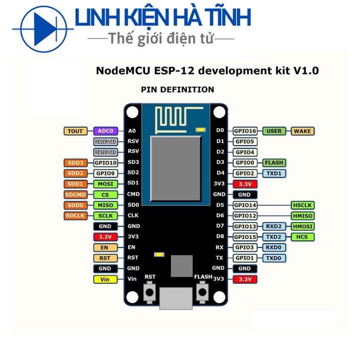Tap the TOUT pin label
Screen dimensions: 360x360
pyautogui.click(x=75, y=131)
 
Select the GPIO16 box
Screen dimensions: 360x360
pyautogui.click(x=246, y=131)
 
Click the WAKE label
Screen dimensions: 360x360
pyautogui.click(x=303, y=131)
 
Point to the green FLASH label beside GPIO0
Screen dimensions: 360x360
pyautogui.click(x=274, y=163)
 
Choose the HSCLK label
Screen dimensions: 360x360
pyautogui.click(x=302, y=205)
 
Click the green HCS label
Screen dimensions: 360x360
pyautogui.click(x=302, y=237)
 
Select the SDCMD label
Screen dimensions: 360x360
pyautogui.click(x=75, y=194)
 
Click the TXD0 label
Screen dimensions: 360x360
pyautogui.click(x=274, y=258)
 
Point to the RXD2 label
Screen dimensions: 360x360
pyautogui.click(x=274, y=226)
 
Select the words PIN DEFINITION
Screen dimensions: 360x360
pyautogui.click(x=177, y=89)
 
